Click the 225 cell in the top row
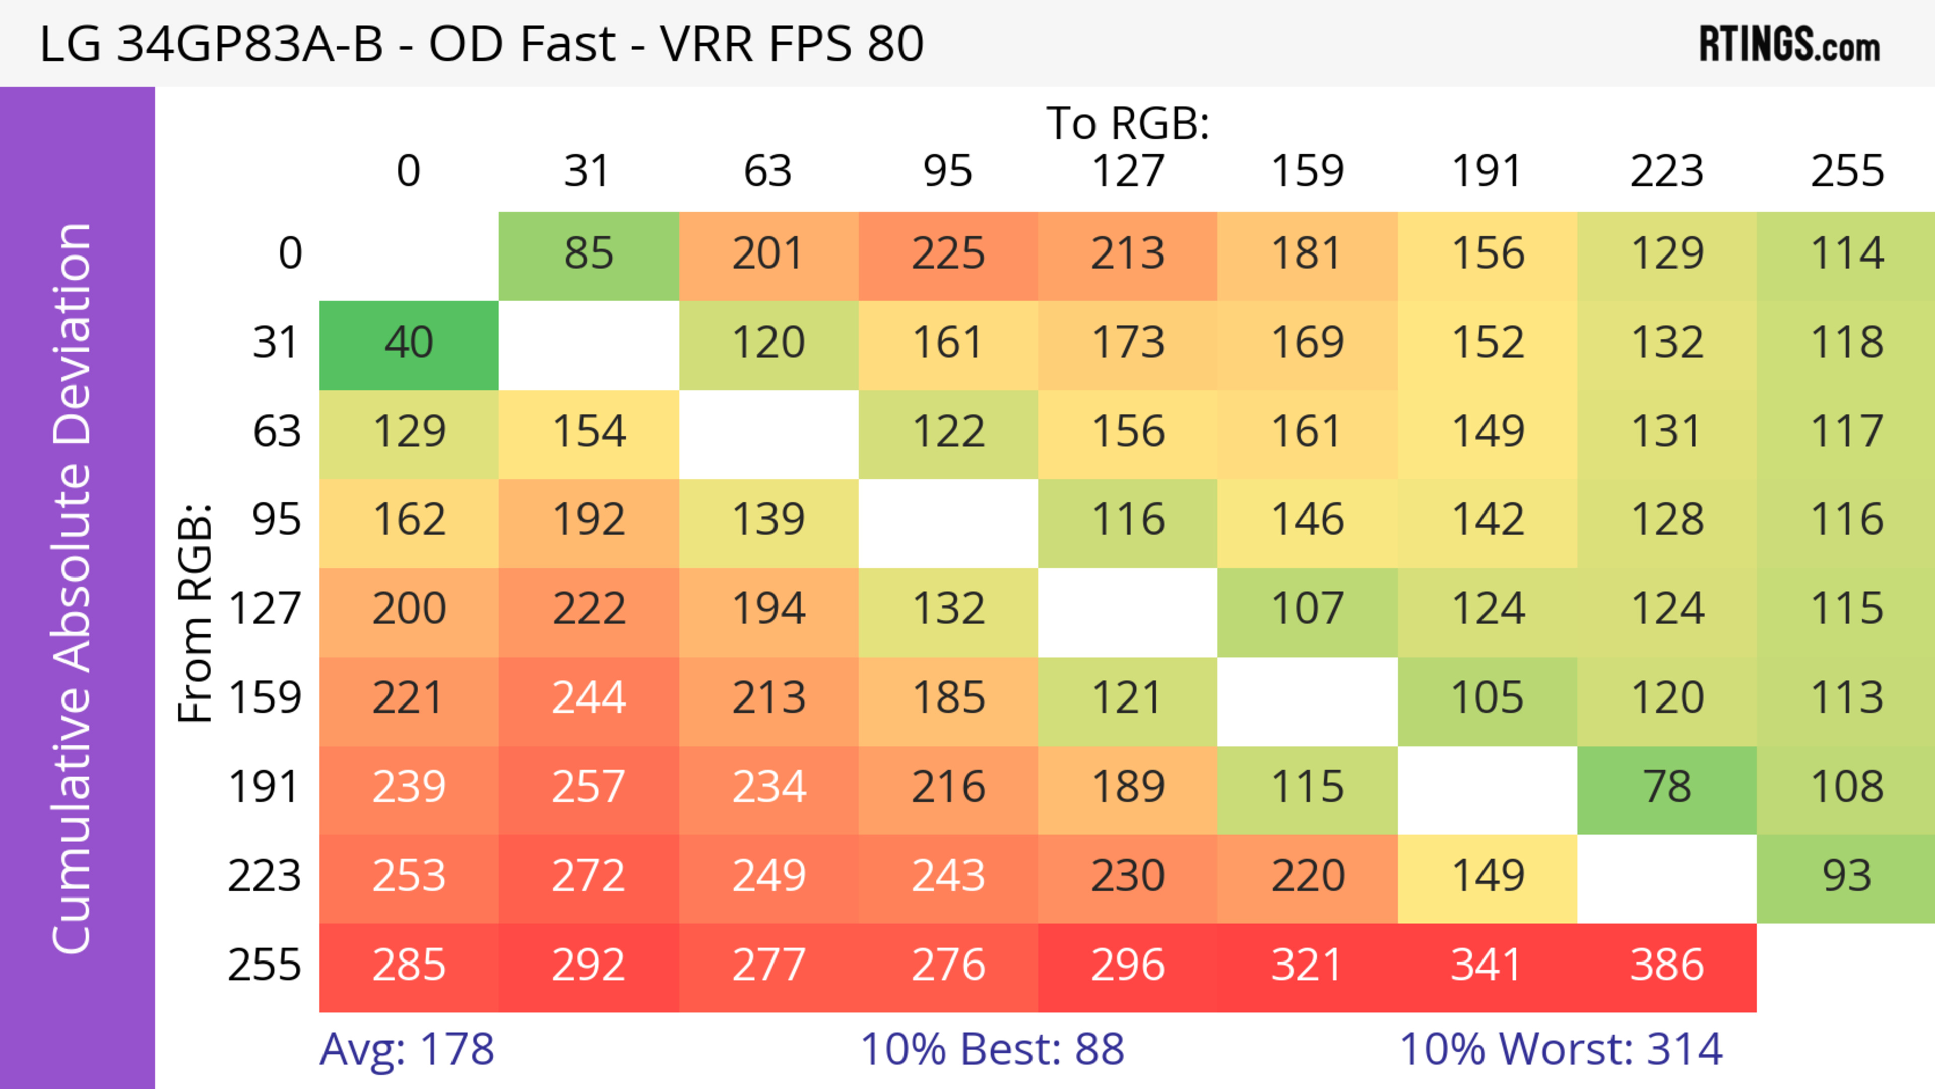[948, 254]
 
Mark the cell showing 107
[1307, 610]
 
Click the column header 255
[1846, 171]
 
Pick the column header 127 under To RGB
[1128, 171]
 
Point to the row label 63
[277, 432]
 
